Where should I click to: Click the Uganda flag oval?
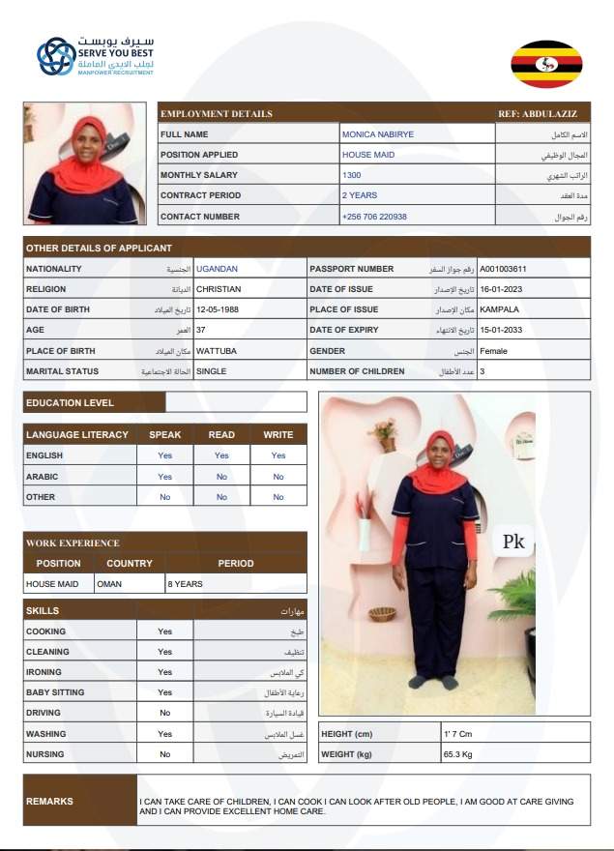click(x=546, y=65)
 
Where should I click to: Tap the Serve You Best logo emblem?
click(x=56, y=57)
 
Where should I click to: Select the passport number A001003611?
click(x=503, y=269)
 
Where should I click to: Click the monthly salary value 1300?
click(x=352, y=175)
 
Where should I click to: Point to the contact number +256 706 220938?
click(x=374, y=217)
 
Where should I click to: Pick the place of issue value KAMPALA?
click(x=499, y=309)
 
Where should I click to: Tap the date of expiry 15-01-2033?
click(x=504, y=330)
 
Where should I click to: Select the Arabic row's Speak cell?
click(x=164, y=477)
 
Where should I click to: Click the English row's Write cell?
click(x=278, y=455)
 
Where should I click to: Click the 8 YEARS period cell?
click(x=186, y=584)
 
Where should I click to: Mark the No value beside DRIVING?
click(x=164, y=714)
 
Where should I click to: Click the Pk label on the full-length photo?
click(x=513, y=543)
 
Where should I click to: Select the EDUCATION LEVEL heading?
click(x=70, y=402)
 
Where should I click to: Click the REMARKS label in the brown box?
click(x=49, y=801)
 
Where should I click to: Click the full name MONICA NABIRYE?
click(x=377, y=134)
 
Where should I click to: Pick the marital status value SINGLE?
click(x=212, y=371)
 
